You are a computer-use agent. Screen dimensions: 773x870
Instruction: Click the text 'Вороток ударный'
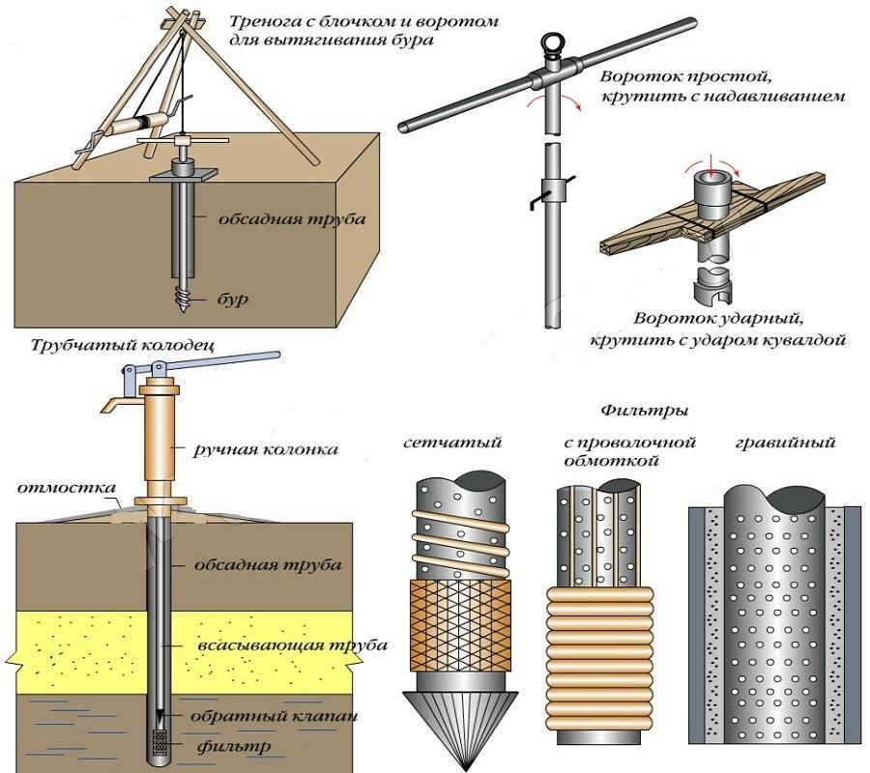tap(719, 318)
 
